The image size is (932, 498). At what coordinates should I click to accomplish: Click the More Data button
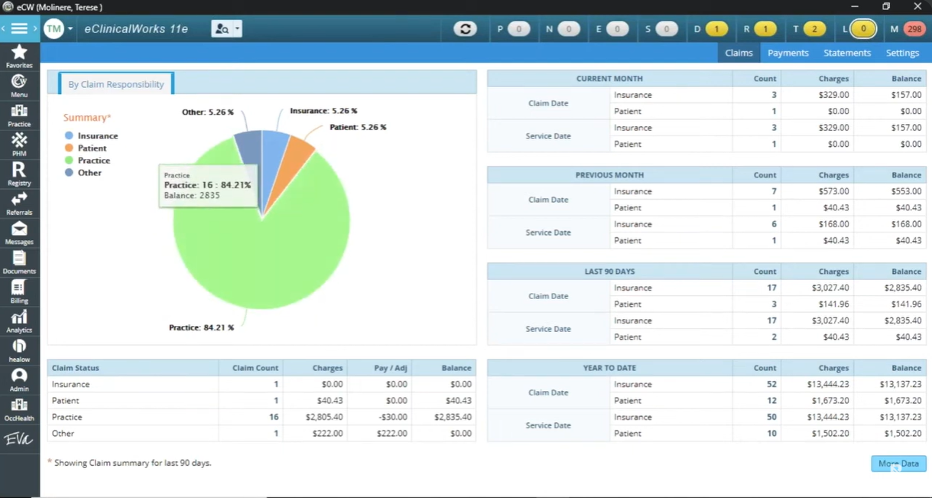898,464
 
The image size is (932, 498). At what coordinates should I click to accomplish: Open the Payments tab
787,53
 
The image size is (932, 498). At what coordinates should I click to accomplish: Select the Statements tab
846,53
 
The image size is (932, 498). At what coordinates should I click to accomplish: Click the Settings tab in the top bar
902,53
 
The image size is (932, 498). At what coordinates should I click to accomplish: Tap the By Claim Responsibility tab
116,84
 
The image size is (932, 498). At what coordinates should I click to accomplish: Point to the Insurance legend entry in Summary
97,135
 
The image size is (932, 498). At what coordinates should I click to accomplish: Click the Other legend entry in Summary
89,173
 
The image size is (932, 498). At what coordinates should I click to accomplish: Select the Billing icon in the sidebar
19,291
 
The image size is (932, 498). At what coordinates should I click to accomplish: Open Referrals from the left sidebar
19,203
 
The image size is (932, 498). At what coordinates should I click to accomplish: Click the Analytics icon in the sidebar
19,321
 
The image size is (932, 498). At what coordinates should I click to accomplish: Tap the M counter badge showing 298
914,29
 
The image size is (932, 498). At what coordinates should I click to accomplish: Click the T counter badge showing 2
813,29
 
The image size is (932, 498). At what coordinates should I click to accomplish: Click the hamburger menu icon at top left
19,29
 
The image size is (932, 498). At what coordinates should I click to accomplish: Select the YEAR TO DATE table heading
609,368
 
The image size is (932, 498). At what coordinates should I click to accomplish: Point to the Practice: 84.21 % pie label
201,327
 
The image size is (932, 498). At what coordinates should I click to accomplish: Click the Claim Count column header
255,368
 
